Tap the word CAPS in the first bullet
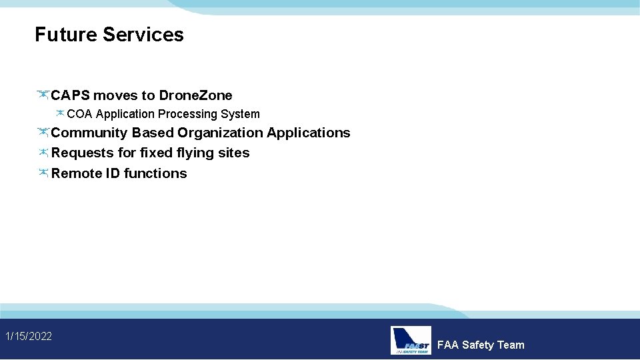point(70,95)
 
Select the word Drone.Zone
point(195,95)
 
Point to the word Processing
point(188,114)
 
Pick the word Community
point(89,133)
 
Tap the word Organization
point(220,133)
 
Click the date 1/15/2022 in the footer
point(29,336)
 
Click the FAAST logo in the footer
point(411,340)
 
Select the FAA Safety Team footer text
point(481,345)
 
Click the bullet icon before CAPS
point(43,95)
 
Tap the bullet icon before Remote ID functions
point(43,173)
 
